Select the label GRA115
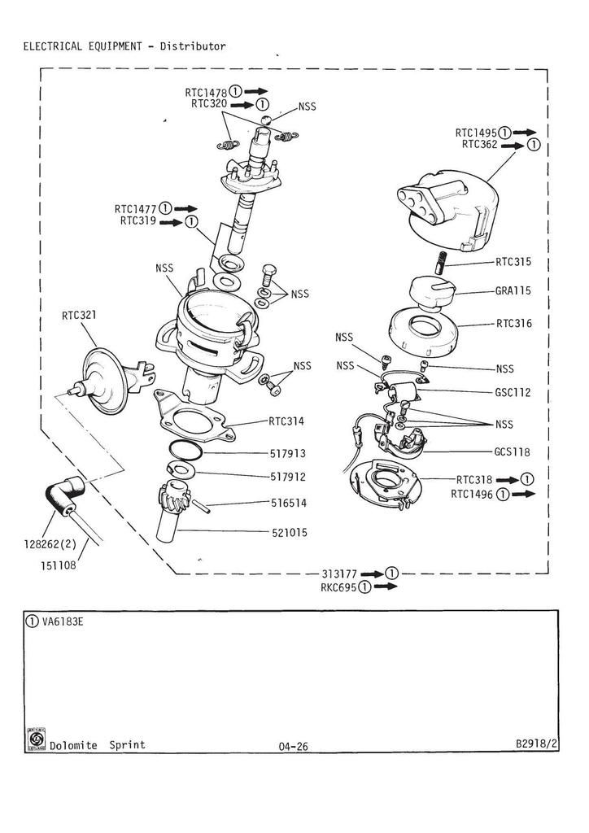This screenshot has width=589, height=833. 513,290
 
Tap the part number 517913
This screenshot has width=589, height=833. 288,453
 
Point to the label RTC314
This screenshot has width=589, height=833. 286,421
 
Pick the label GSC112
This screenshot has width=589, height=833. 513,392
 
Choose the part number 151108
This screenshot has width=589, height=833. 58,565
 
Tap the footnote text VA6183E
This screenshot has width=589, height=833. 62,621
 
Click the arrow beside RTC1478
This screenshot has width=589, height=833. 257,92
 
